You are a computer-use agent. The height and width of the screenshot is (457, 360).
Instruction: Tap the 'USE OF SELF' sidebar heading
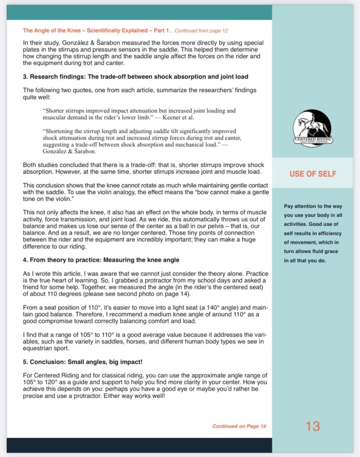point(313,174)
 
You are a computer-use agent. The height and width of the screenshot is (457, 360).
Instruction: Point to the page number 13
point(313,426)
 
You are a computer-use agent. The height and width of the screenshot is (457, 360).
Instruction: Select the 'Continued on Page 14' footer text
point(239,426)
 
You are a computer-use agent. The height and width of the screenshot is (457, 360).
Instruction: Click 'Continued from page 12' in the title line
point(201,31)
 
